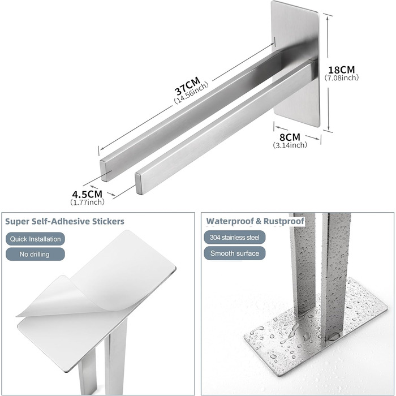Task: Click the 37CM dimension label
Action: tap(187, 85)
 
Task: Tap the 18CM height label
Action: tap(341, 70)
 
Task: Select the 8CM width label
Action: tap(290, 137)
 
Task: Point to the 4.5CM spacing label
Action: tap(87, 194)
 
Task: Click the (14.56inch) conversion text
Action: tap(191, 92)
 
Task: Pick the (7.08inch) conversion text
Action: tap(342, 78)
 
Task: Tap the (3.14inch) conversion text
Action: tap(290, 145)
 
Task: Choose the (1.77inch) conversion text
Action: tap(87, 202)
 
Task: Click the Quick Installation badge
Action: tap(35, 239)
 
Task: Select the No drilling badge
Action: tap(35, 254)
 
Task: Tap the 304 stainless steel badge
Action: tap(235, 238)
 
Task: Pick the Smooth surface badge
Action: tap(235, 253)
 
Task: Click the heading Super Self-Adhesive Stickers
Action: tap(64, 222)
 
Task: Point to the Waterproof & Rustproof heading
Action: tap(255, 221)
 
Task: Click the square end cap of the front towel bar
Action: tap(139, 184)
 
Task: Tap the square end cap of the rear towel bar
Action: tap(103, 171)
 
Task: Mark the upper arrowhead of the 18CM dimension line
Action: tap(328, 19)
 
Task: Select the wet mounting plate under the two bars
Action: tap(316, 328)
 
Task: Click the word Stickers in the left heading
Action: tap(108, 222)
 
